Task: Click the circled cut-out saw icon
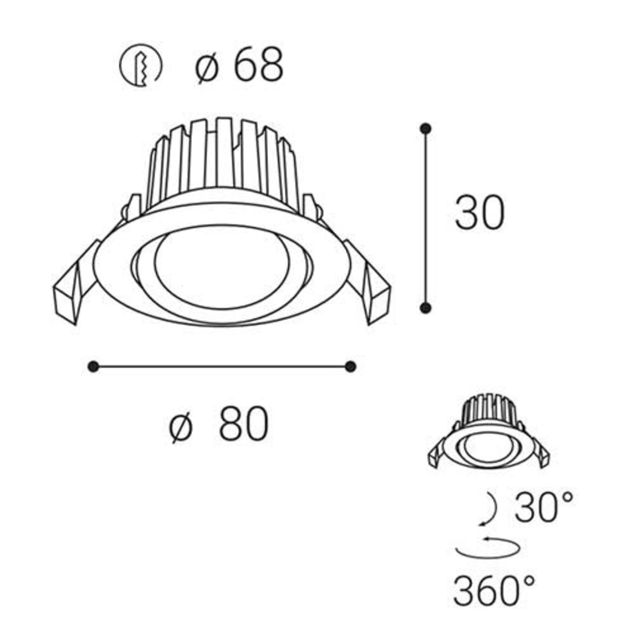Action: click(x=141, y=65)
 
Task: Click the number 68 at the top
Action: click(x=258, y=65)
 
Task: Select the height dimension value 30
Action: click(x=479, y=212)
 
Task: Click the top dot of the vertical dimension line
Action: click(x=426, y=128)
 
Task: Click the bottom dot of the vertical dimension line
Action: click(x=426, y=308)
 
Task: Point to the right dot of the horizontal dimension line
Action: click(x=350, y=367)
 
